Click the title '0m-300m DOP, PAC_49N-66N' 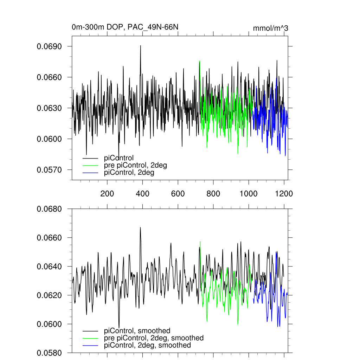[127, 27]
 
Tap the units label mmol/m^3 [270, 28]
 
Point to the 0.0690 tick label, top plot [49, 46]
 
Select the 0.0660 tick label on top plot [49, 77]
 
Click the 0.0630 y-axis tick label [49, 108]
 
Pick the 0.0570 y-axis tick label [49, 170]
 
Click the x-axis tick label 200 [107, 194]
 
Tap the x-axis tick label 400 [142, 194]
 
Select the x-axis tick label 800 [213, 194]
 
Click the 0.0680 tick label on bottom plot [49, 209]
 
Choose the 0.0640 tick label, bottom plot [49, 266]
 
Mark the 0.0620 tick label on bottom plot [49, 295]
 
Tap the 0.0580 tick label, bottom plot [49, 353]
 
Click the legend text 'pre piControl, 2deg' [135, 165]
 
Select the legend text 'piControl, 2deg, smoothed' [148, 345]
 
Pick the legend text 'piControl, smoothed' [137, 330]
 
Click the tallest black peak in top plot [141, 46]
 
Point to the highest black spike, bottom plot [140, 227]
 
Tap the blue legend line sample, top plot [90, 173]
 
